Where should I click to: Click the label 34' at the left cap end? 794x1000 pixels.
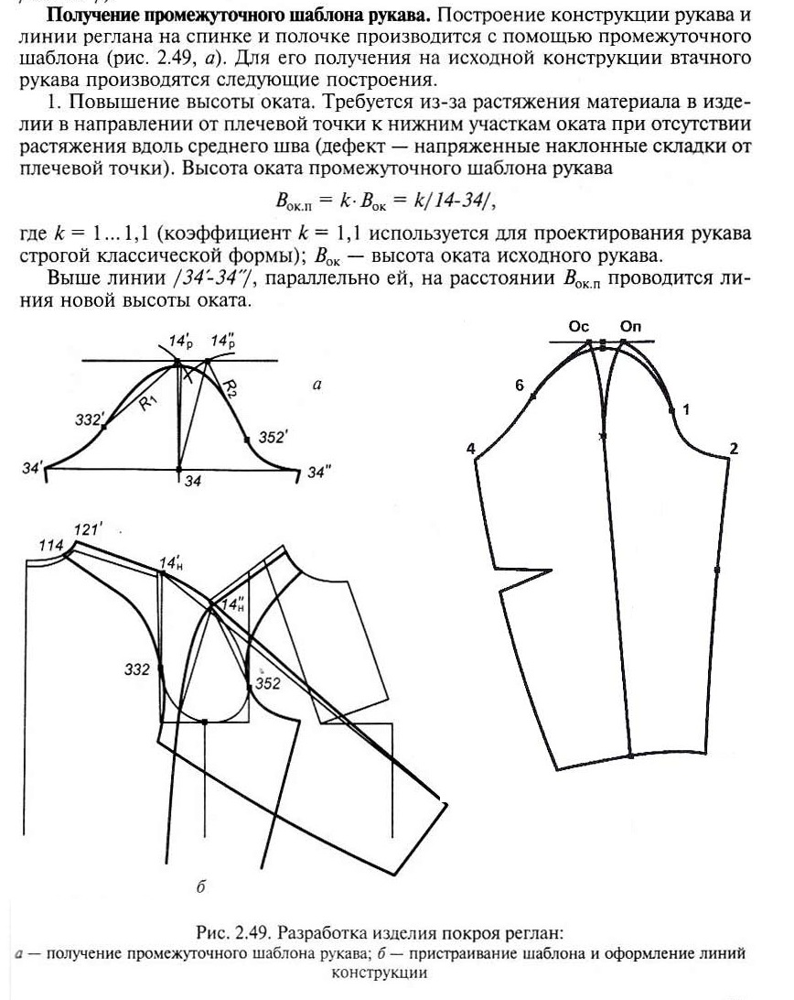point(32,468)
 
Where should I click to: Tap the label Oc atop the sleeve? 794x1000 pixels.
point(578,326)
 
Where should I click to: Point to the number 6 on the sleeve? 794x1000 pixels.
point(519,386)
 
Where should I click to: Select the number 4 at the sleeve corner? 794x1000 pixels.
point(470,449)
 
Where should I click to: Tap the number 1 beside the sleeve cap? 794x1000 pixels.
point(686,409)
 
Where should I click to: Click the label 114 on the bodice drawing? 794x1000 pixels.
point(51,546)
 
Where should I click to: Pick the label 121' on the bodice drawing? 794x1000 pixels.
point(88,528)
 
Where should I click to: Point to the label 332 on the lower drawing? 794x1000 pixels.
point(136,670)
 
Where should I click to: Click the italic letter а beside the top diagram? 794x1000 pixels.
point(317,386)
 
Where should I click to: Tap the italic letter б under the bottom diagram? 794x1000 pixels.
point(199,887)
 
